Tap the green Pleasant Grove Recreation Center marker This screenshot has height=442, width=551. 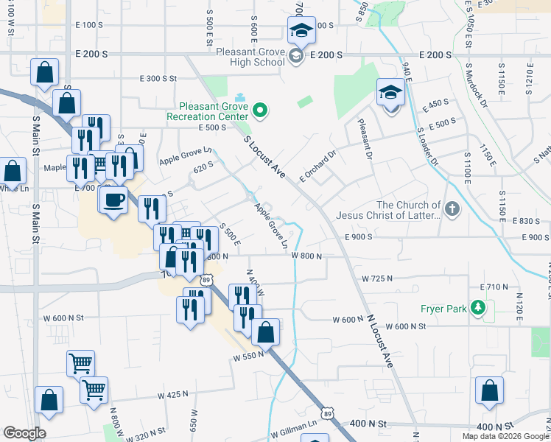pos(259,111)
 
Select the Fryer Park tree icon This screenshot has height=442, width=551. pos(479,308)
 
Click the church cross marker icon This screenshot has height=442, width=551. pos(452,210)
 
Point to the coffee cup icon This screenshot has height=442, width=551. pos(113,200)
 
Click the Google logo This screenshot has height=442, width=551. pos(24,432)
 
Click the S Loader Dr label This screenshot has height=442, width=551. pos(427,146)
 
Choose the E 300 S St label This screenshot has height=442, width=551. pos(160,78)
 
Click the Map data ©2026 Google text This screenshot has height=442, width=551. pos(505,436)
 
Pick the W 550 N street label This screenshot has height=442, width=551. pos(248,356)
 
